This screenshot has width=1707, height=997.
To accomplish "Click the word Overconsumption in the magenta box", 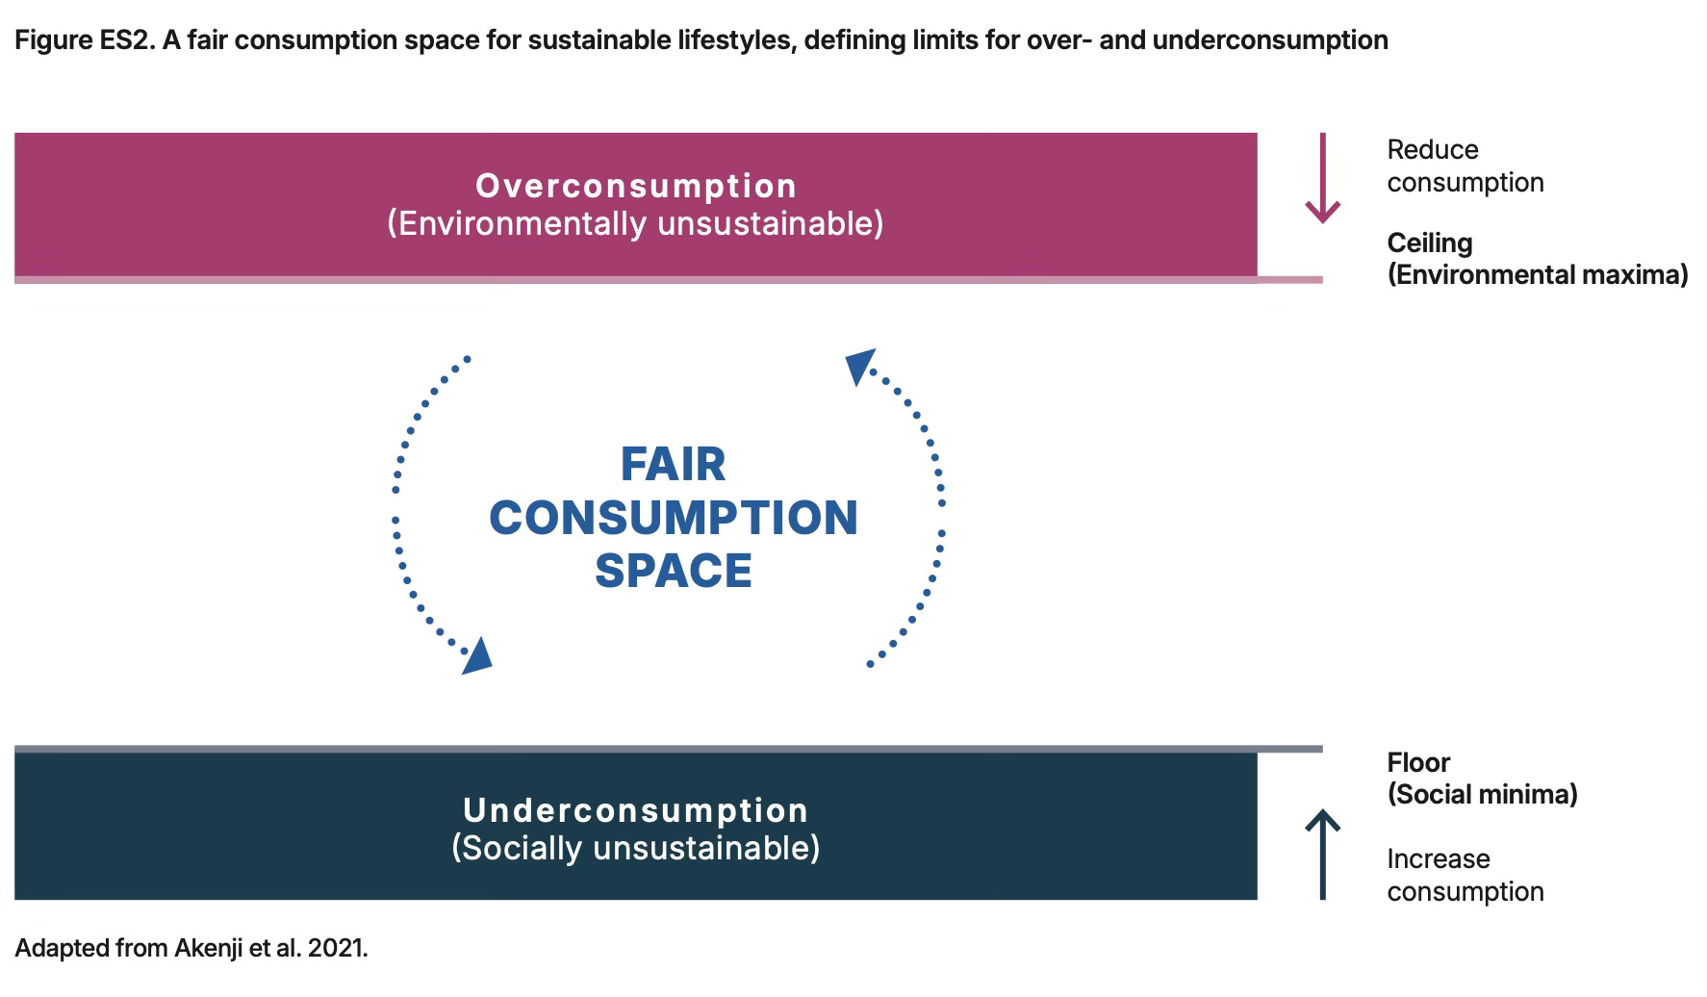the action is click(x=635, y=186).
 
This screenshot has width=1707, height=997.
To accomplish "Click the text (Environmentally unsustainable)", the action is click(x=635, y=223).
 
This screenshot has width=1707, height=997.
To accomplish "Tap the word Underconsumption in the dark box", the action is click(x=635, y=810).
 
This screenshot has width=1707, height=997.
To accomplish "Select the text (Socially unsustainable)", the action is click(x=635, y=848).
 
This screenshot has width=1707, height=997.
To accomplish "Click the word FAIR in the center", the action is click(x=673, y=465).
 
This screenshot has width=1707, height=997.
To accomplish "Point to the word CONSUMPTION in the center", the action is click(x=673, y=518).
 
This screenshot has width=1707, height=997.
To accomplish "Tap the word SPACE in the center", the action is click(x=673, y=571).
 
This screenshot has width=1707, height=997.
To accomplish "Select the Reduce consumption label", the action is click(x=1465, y=166).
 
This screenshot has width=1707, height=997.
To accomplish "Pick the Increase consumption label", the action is click(x=1465, y=875).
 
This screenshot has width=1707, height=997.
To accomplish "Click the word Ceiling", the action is click(x=1430, y=243).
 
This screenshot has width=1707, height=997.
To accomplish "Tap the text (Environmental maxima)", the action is click(x=1537, y=275).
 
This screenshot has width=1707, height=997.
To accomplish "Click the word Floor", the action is click(x=1418, y=762).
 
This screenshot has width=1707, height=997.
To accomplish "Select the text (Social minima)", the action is click(x=1482, y=794).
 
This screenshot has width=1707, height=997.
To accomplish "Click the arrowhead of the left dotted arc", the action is click(x=476, y=656).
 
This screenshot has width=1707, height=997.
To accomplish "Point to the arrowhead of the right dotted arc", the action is click(x=858, y=366).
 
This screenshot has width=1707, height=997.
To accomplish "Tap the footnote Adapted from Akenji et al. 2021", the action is click(x=191, y=948).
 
